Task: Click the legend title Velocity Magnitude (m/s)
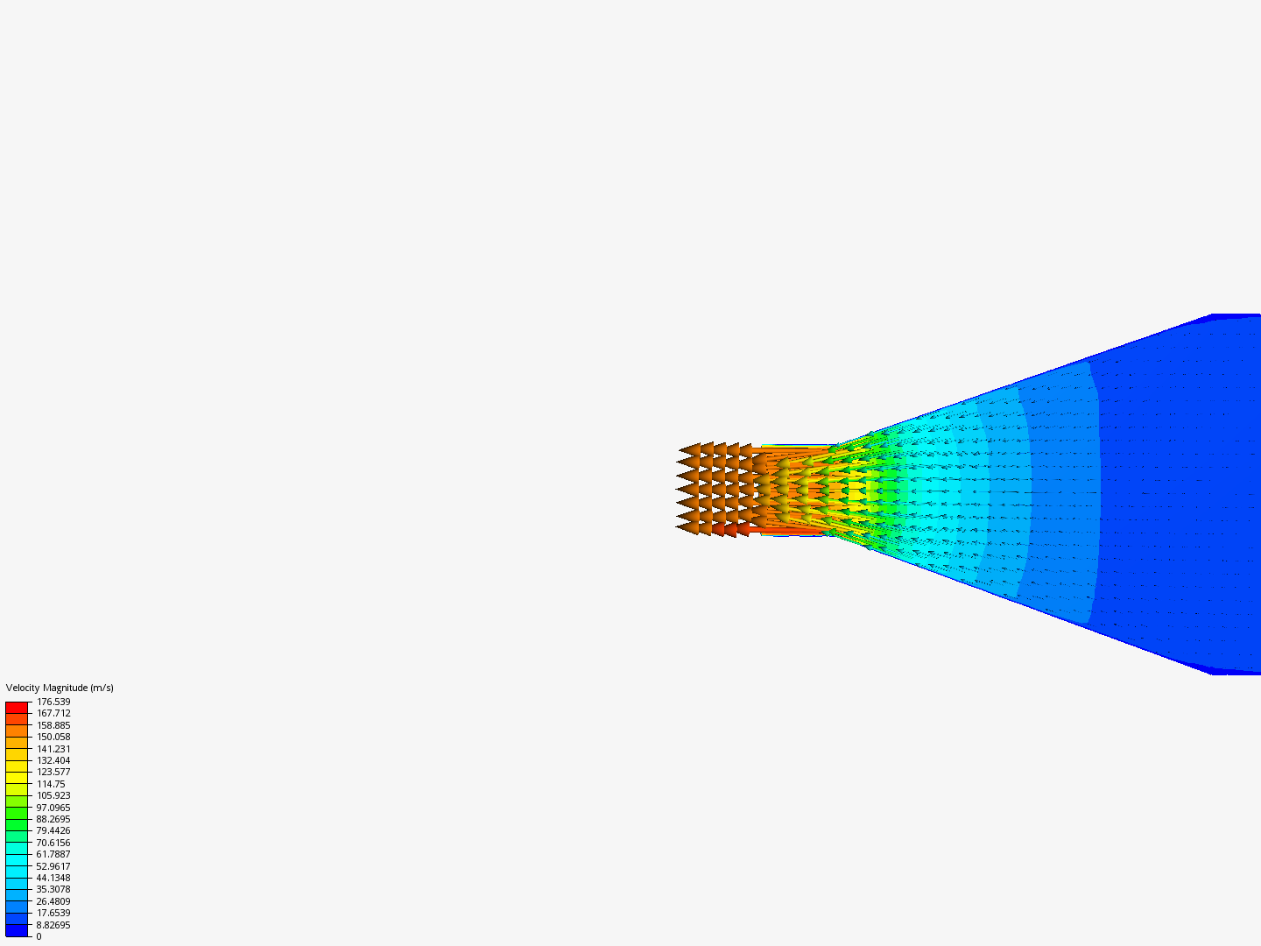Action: (x=60, y=688)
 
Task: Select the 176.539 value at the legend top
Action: (x=53, y=702)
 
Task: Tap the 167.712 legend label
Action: (x=53, y=713)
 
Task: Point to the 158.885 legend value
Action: (x=53, y=725)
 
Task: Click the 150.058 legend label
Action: (x=53, y=737)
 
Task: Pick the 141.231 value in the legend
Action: (x=53, y=748)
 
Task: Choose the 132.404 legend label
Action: (x=53, y=760)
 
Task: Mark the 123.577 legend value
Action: (x=53, y=772)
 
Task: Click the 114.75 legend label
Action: (x=51, y=784)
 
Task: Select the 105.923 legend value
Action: (x=53, y=795)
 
